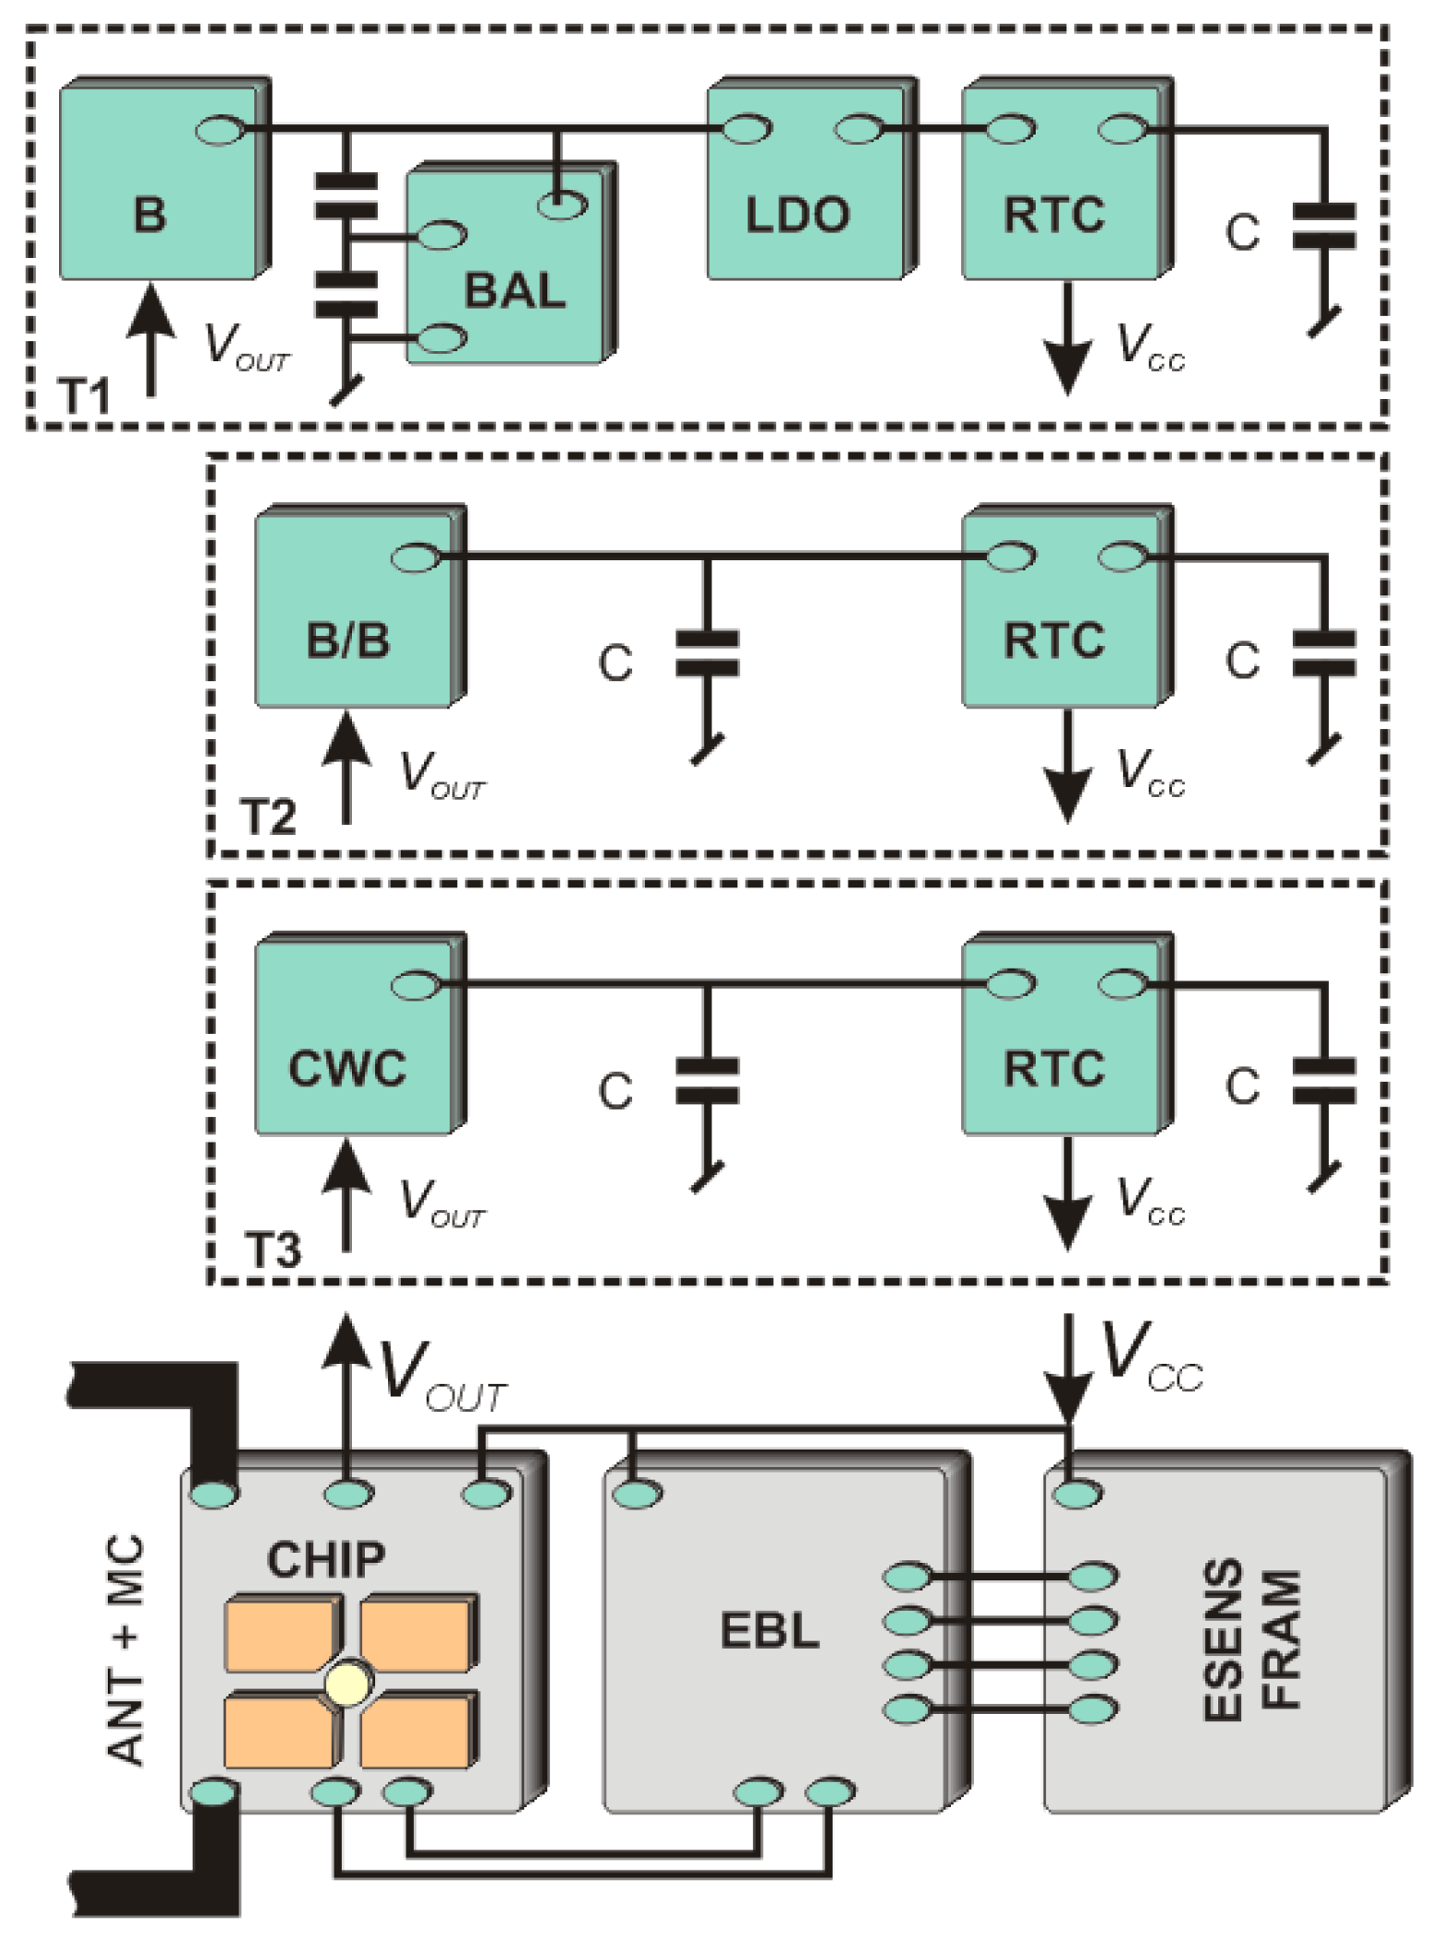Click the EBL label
(769, 1630)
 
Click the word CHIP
(325, 1559)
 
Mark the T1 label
(84, 396)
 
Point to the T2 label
(267, 817)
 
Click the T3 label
(273, 1250)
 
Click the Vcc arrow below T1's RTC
(1067, 341)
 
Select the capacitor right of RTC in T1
(1323, 227)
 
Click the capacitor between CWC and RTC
(707, 1080)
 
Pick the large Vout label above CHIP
(440, 1376)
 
